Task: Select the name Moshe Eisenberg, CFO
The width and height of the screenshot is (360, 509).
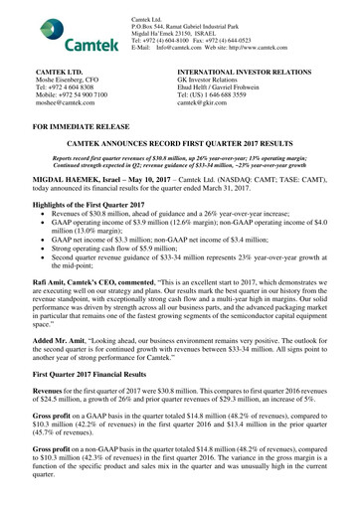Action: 77,84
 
